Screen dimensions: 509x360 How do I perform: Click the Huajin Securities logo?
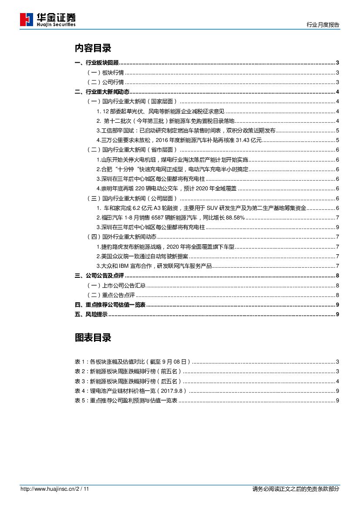click(48, 20)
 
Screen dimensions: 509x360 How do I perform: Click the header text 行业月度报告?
click(323, 25)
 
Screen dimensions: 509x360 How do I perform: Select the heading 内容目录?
click(93, 48)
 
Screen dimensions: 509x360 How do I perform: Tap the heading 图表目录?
click(93, 337)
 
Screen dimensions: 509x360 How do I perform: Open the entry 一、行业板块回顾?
click(97, 63)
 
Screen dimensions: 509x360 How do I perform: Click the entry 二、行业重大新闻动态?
click(102, 92)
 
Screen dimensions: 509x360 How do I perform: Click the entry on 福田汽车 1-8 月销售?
click(170, 218)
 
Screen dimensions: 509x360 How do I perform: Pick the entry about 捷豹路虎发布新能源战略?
click(165, 247)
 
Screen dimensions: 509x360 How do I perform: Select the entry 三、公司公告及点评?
click(100, 276)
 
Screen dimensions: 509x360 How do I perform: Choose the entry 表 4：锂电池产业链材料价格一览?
click(131, 391)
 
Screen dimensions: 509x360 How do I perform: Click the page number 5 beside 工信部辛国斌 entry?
click(338, 131)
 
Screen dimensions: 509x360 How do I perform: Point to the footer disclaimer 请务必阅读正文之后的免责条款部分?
click(296, 489)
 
